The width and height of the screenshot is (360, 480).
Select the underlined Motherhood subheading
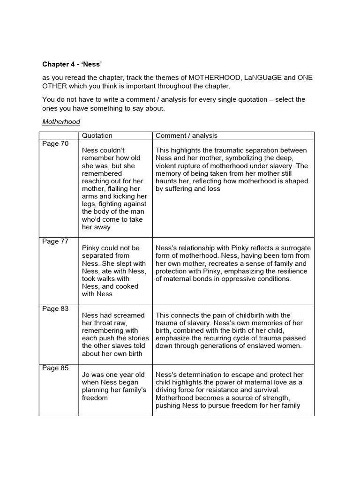pyautogui.click(x=61, y=122)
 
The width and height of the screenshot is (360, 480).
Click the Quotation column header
pyautogui.click(x=97, y=135)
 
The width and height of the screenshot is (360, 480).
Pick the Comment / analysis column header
pyautogui.click(x=186, y=135)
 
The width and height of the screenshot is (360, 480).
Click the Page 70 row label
pyautogui.click(x=55, y=144)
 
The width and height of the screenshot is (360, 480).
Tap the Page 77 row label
pyautogui.click(x=55, y=241)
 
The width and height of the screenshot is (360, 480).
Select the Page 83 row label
pyautogui.click(x=55, y=309)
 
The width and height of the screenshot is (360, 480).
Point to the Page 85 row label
pyautogui.click(x=55, y=368)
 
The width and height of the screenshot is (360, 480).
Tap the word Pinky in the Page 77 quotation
pyautogui.click(x=92, y=248)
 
